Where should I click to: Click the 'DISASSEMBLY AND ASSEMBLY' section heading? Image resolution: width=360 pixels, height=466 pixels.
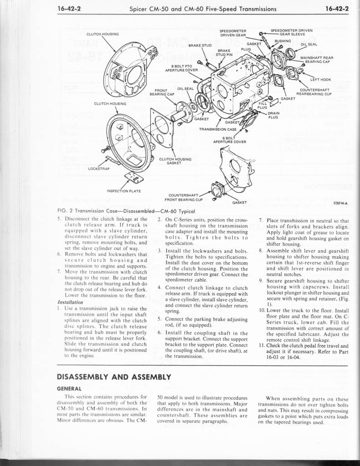[x=114, y=377]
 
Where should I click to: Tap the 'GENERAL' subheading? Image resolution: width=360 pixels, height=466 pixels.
[x=69, y=389]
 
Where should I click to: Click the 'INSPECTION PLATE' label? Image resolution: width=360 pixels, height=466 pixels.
[x=124, y=191]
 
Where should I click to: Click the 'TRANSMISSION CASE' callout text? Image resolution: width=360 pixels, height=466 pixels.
[x=218, y=129]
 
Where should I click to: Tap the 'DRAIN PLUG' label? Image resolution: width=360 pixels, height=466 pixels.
[x=273, y=115]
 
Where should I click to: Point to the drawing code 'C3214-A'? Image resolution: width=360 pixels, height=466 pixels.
[x=340, y=203]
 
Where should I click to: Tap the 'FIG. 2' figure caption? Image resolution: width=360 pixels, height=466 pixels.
[x=126, y=211]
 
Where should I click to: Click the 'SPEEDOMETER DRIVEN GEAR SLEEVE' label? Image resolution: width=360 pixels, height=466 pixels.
[x=291, y=32]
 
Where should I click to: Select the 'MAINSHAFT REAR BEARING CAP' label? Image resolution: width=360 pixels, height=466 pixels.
[x=317, y=60]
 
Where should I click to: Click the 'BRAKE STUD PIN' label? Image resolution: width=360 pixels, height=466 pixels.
[x=224, y=53]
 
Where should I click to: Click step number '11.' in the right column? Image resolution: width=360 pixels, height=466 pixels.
[x=262, y=345]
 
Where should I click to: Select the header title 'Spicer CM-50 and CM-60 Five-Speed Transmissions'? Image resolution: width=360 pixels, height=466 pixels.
[x=203, y=8]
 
